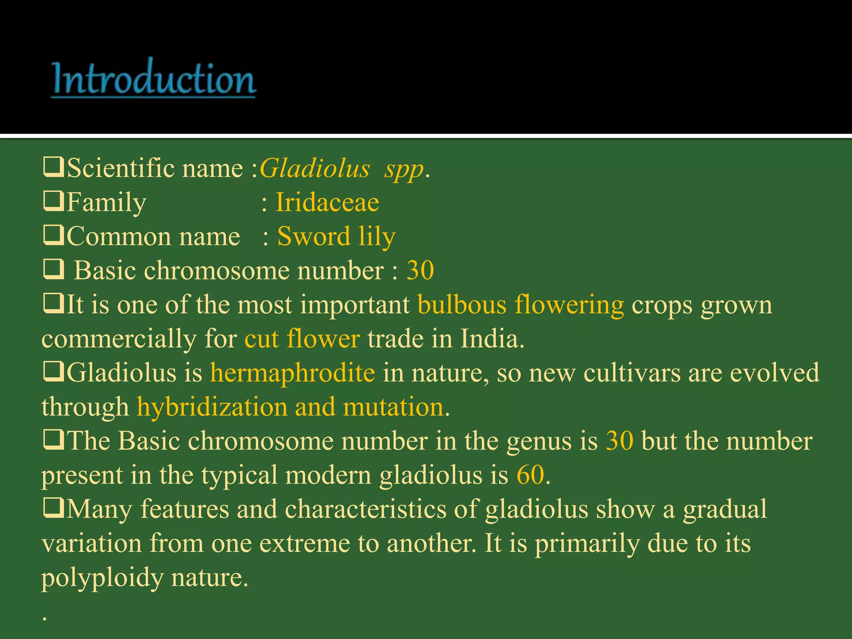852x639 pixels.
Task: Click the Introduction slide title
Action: click(x=154, y=78)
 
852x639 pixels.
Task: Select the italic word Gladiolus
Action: click(x=315, y=168)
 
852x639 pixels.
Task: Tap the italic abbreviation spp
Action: click(x=404, y=170)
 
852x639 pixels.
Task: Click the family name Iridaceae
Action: click(x=327, y=203)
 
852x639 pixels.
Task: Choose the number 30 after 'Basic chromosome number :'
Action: click(x=420, y=270)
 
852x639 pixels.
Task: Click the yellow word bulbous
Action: click(x=462, y=305)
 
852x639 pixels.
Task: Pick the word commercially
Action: click(x=119, y=339)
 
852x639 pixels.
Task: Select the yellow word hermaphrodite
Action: click(x=292, y=373)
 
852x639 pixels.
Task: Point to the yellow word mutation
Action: click(x=393, y=407)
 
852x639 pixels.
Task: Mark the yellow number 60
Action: click(x=530, y=475)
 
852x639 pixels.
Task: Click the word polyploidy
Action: click(x=102, y=578)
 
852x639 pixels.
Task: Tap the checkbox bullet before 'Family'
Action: click(x=53, y=202)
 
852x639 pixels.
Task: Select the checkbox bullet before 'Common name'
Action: click(x=53, y=236)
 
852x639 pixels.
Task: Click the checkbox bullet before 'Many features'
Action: click(x=53, y=509)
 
